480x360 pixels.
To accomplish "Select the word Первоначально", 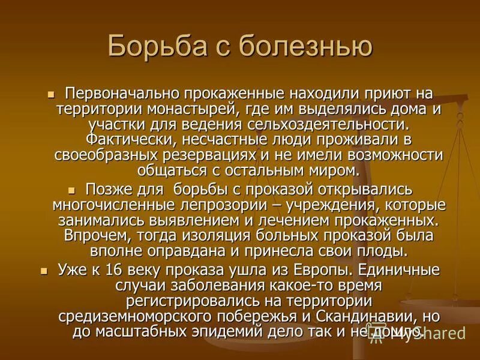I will click(118, 95).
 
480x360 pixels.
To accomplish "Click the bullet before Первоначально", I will click(51, 94).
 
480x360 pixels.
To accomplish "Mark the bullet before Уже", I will click(43, 271).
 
